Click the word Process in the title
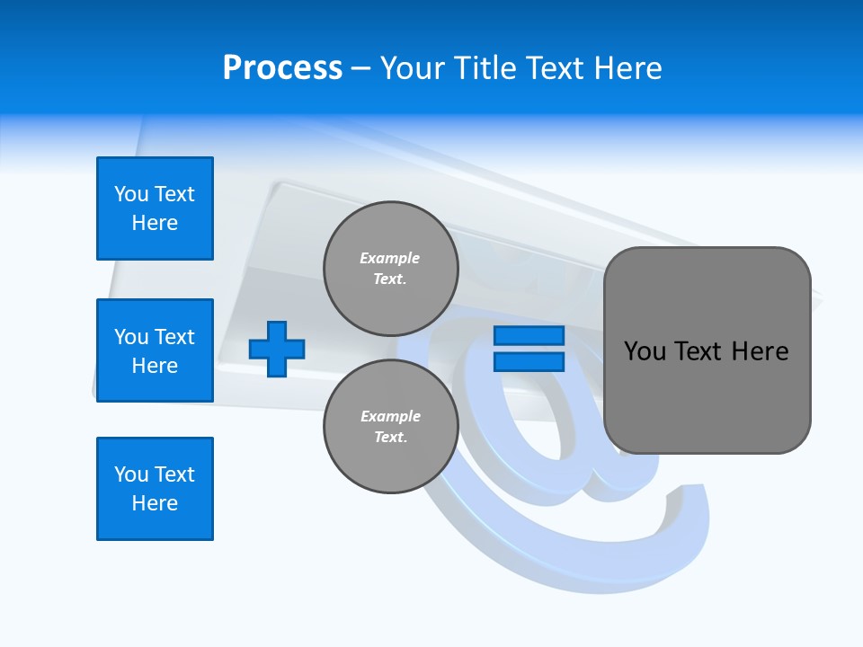pos(282,68)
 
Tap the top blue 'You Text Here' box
pos(155,208)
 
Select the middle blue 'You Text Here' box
pos(155,350)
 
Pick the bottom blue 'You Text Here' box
pos(155,489)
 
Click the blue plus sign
pos(277,349)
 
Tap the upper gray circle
pos(390,268)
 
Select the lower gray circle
pos(390,426)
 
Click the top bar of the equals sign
pos(529,336)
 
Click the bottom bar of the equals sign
pos(529,361)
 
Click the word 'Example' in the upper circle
pos(390,258)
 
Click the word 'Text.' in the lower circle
pos(390,437)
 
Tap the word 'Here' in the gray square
pos(760,351)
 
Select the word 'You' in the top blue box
pos(131,194)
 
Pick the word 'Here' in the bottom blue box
pos(155,503)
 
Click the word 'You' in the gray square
pos(645,351)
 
